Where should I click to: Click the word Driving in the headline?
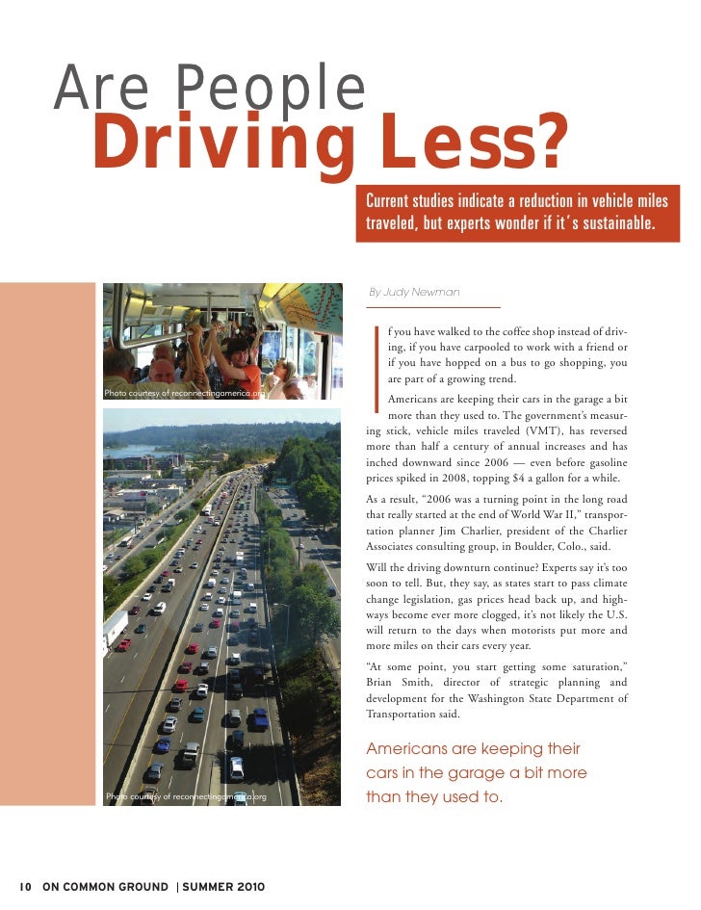point(218,146)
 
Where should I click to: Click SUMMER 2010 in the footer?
point(224,886)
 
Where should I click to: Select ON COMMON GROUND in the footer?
point(104,886)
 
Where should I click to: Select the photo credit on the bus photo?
point(183,393)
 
